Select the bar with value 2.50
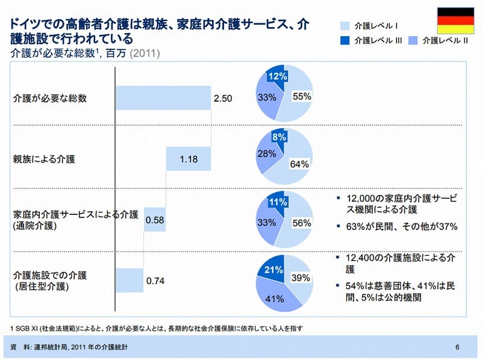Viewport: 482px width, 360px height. (x=163, y=98)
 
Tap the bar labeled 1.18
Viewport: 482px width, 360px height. (x=189, y=159)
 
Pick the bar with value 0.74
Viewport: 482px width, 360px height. (x=129, y=280)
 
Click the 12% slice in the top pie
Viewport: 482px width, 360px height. (x=277, y=75)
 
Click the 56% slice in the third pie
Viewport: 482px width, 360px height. (x=297, y=224)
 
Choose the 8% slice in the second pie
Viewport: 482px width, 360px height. (x=278, y=137)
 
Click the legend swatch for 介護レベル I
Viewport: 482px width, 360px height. (x=345, y=26)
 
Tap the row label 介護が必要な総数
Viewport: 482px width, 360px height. (x=49, y=98)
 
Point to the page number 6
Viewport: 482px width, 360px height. (x=458, y=347)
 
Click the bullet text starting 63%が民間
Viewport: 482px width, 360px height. (x=402, y=227)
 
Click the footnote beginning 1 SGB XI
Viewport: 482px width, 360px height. (x=157, y=329)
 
